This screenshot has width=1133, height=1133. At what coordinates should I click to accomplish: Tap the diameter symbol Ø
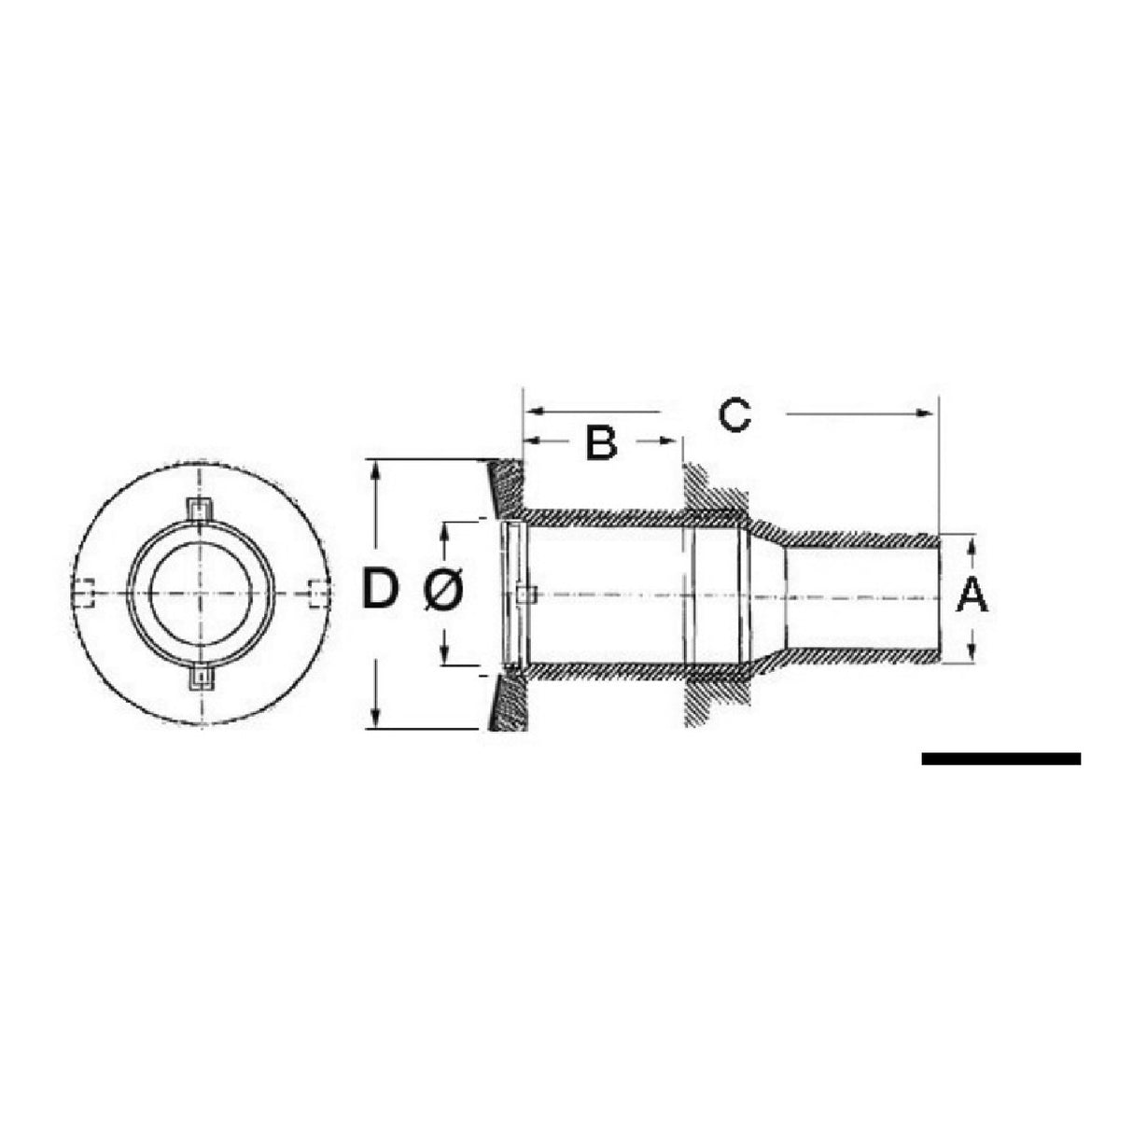(444, 591)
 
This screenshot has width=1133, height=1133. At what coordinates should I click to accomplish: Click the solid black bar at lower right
(1000, 759)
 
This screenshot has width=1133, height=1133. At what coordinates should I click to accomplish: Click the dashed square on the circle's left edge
(85, 594)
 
